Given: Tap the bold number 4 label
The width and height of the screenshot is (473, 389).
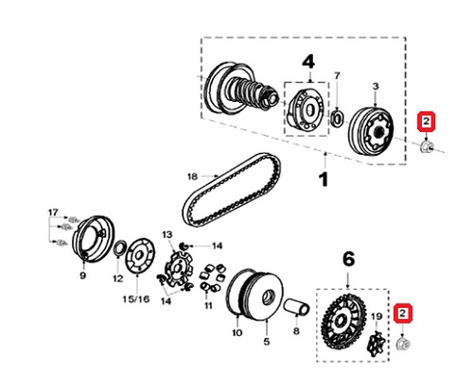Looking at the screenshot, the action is coord(308,62).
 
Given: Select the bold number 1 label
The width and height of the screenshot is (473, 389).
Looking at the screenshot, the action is coord(324,180).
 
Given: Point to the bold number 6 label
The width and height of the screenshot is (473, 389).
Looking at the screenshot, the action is coord(348,260).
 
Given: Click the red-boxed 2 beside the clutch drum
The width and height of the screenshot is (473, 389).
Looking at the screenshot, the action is coord(427,122).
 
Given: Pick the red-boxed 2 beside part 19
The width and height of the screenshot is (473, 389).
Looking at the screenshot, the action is coord(403,313).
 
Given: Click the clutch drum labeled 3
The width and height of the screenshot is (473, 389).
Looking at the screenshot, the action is coord(372,131).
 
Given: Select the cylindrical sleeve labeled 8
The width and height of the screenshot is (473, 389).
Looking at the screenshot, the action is coord(296,307).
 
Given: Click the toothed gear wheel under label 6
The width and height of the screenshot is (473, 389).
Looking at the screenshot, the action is coord(343,321).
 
